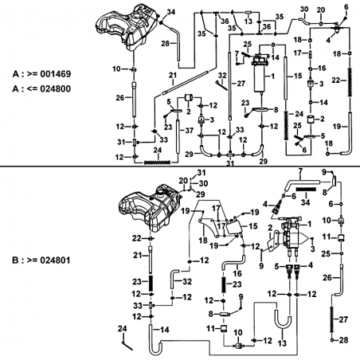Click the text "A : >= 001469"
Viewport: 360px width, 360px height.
(x=41, y=74)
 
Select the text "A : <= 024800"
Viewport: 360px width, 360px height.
(x=41, y=88)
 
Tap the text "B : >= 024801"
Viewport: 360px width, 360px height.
(x=41, y=260)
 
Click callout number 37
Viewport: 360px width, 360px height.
(x=189, y=131)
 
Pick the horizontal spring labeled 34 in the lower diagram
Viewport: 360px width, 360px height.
(x=306, y=190)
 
